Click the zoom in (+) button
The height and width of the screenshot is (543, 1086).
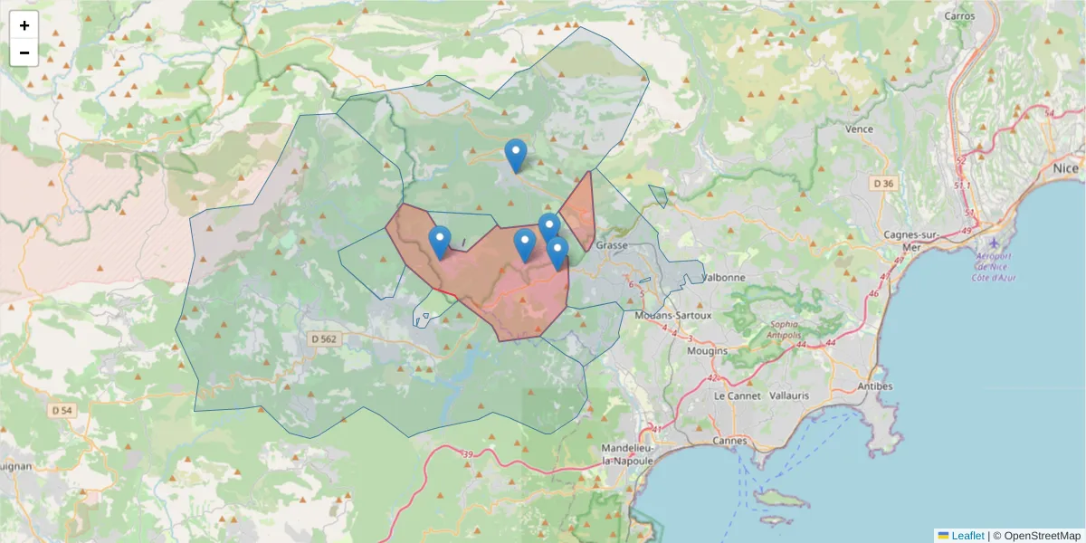click(24, 25)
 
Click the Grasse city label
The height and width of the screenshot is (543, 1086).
click(612, 245)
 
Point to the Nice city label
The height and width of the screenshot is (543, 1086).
click(1065, 168)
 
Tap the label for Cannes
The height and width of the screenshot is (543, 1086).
click(729, 441)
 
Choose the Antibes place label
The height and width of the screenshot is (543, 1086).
click(873, 386)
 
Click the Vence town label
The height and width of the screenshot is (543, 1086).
click(859, 129)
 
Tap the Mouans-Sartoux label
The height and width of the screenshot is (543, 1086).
click(673, 315)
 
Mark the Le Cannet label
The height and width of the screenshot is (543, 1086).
click(734, 396)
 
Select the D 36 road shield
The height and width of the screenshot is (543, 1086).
click(882, 184)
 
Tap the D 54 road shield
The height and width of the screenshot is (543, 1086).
click(62, 410)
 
